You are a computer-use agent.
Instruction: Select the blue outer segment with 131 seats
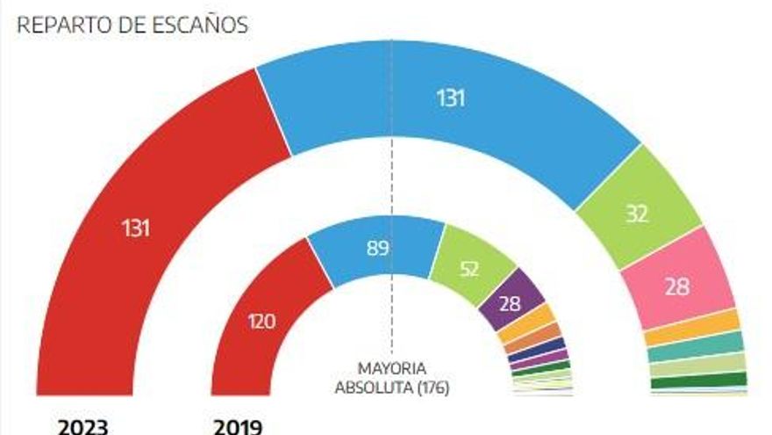click(x=450, y=99)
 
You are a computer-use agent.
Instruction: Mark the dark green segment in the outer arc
click(x=700, y=381)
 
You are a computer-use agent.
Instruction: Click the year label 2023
click(x=82, y=427)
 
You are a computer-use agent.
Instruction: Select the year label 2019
click(x=237, y=427)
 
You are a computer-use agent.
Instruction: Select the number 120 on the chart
click(x=262, y=322)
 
